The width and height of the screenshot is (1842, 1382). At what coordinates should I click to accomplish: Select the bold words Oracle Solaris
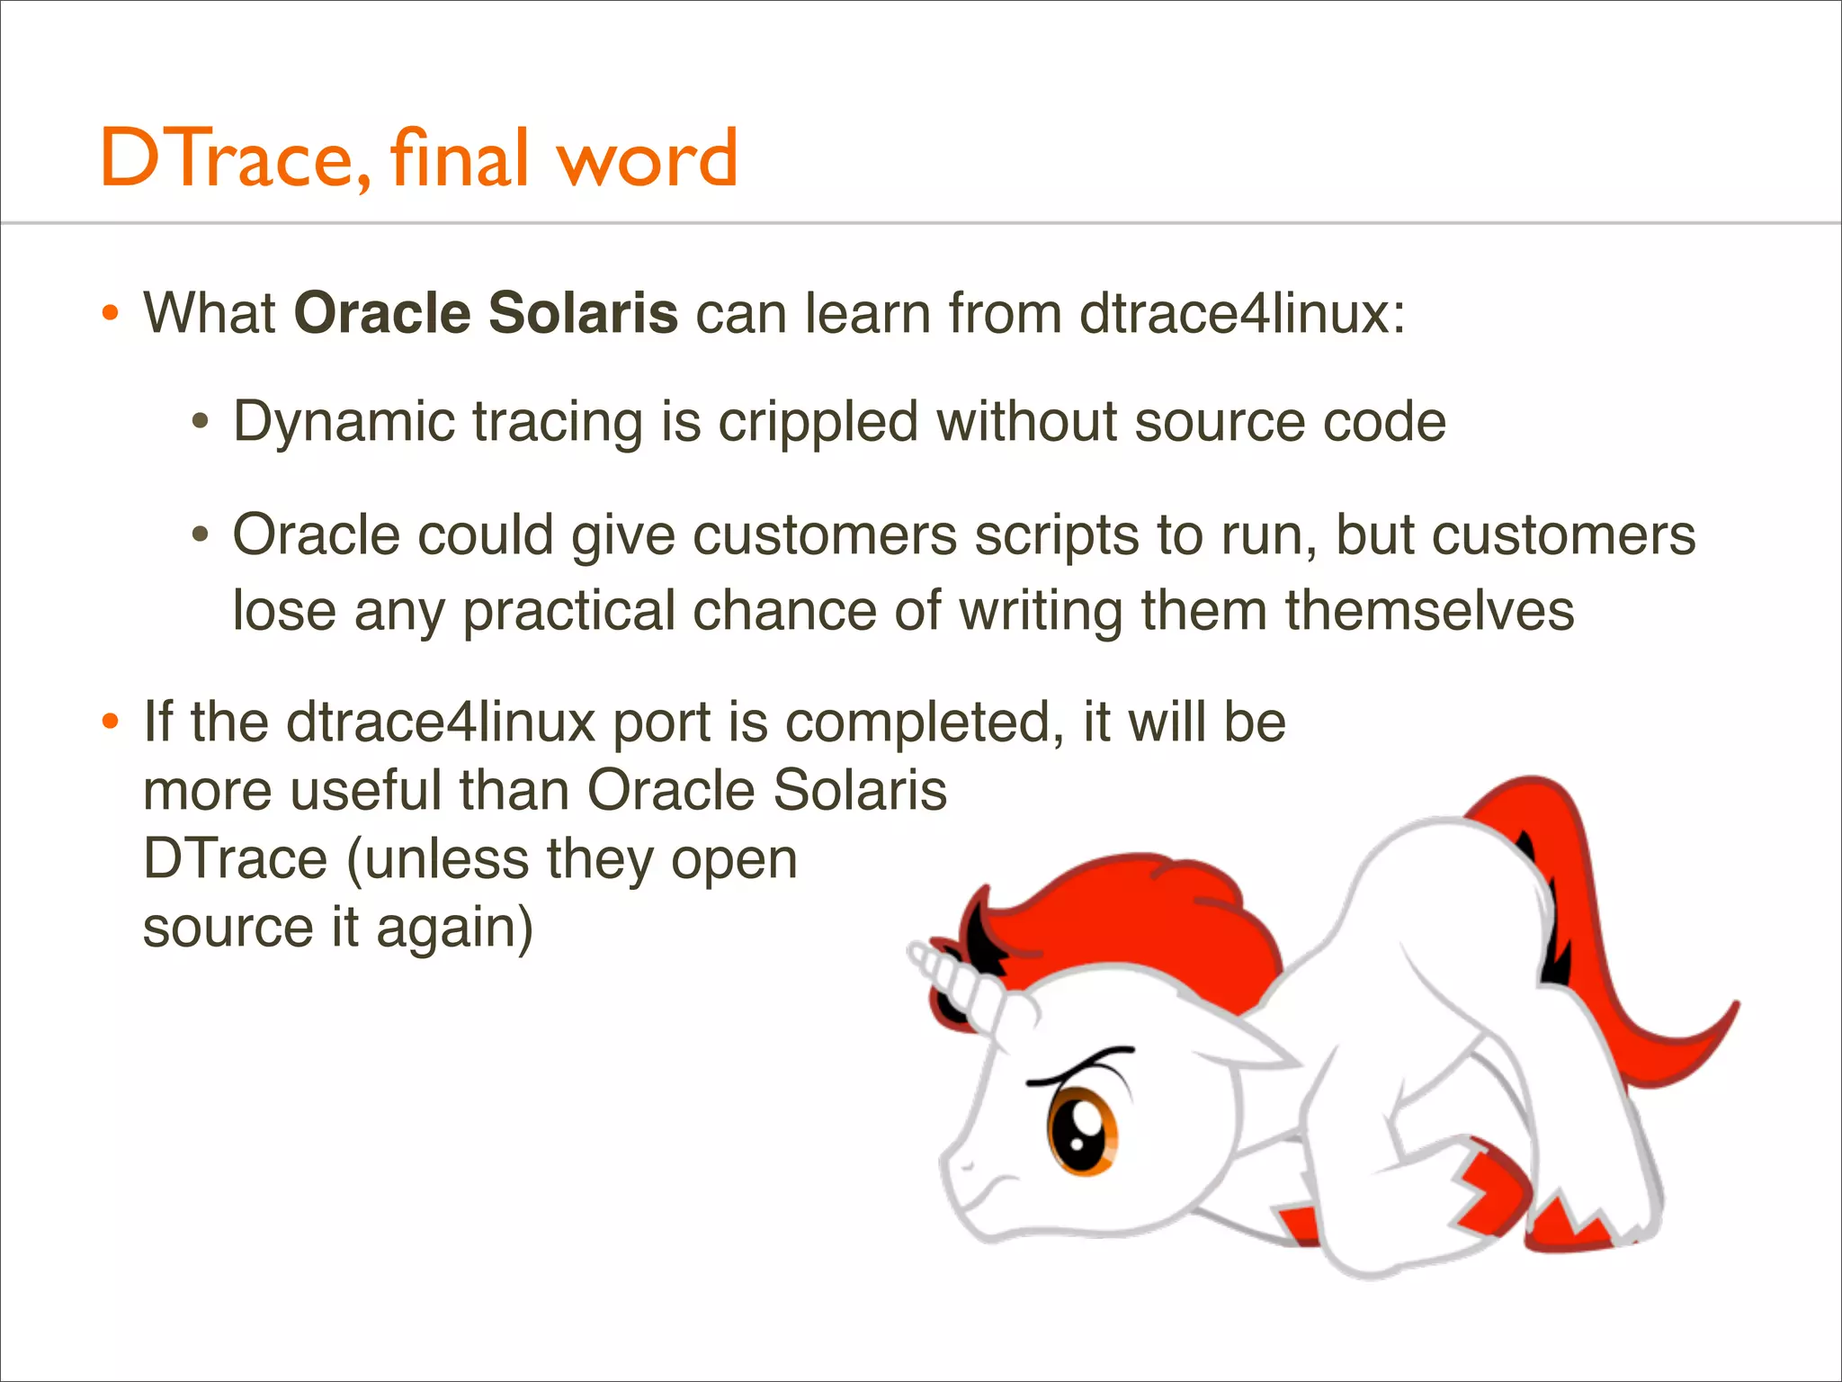(486, 313)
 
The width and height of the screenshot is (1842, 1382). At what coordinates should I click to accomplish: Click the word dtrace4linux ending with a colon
(1241, 313)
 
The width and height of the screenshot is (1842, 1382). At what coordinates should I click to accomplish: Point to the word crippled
(817, 422)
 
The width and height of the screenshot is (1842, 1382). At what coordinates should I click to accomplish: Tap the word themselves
(1429, 611)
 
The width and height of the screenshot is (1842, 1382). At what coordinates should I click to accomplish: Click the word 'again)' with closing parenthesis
(454, 928)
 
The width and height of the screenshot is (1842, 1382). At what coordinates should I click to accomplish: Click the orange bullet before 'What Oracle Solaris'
(110, 314)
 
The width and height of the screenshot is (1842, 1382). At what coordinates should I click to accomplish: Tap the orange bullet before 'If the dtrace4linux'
(110, 722)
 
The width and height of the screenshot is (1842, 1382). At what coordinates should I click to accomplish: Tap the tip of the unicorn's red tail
(1732, 1007)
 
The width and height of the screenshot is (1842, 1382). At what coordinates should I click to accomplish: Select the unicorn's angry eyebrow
(1079, 1067)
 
